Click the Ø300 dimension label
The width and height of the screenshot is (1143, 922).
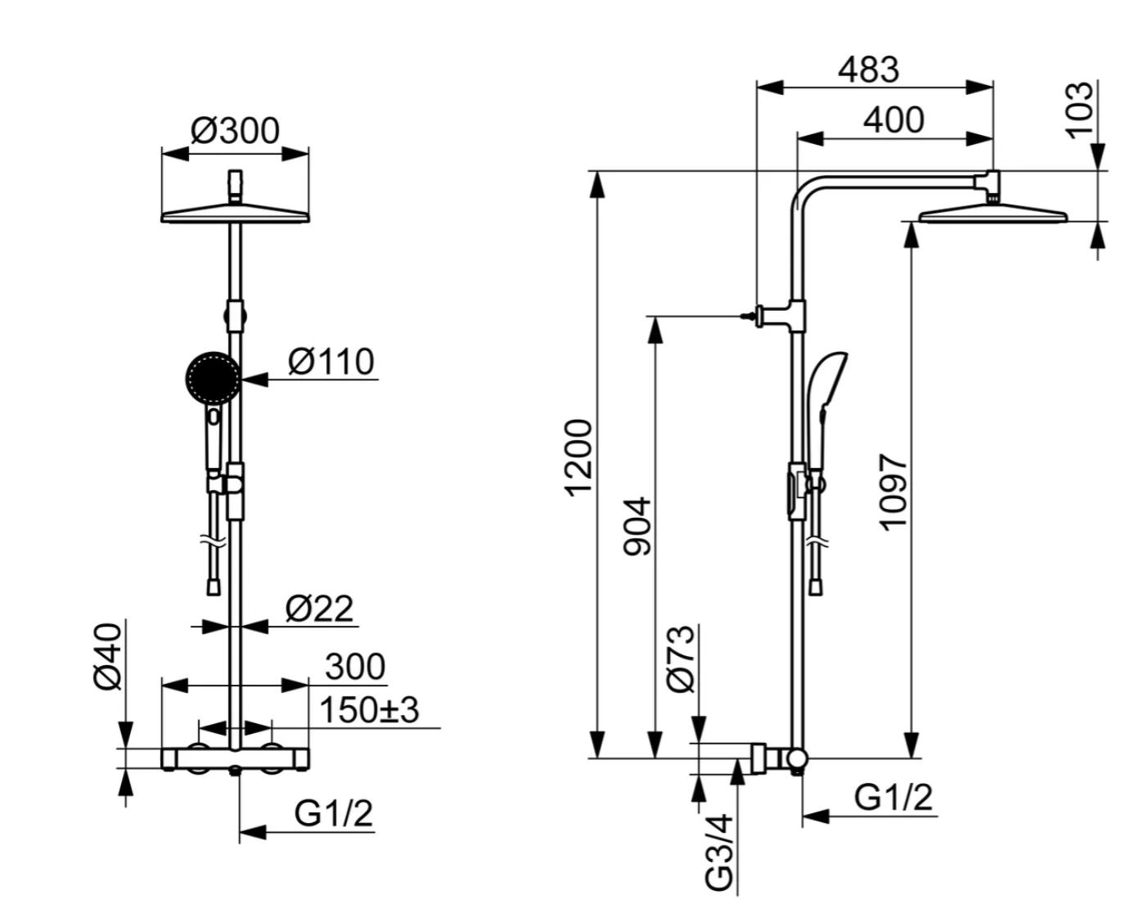tap(235, 131)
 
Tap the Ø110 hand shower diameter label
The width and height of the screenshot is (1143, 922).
tap(331, 362)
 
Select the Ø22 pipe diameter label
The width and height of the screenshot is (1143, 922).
tap(319, 609)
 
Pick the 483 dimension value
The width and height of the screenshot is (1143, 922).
tap(868, 69)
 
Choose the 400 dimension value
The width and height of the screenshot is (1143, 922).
tap(893, 119)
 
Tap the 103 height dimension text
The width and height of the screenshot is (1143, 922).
tap(1080, 110)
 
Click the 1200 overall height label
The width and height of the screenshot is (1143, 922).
tap(578, 458)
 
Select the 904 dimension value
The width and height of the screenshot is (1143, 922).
tap(637, 526)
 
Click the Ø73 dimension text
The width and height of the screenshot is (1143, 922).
tap(681, 659)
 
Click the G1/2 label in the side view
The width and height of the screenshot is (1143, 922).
tap(893, 797)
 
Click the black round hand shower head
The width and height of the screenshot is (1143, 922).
tap(213, 378)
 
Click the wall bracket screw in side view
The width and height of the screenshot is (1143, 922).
tap(749, 317)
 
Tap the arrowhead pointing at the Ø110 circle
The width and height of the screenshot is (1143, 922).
tap(255, 380)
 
